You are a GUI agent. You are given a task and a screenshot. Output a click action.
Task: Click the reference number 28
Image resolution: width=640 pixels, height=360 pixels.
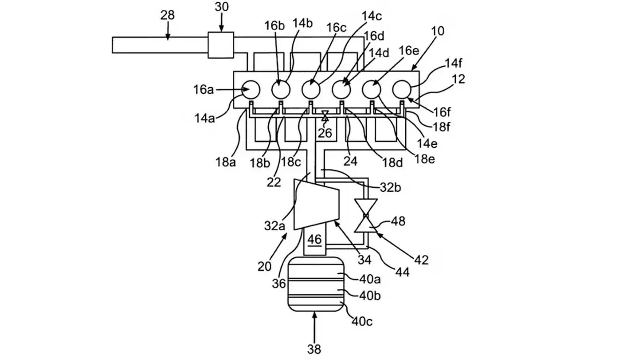point(167,15)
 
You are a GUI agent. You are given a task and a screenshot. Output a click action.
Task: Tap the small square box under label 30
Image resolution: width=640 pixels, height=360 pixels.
point(221,45)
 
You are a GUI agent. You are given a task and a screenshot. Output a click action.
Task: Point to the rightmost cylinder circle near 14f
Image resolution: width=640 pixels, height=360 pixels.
point(402,89)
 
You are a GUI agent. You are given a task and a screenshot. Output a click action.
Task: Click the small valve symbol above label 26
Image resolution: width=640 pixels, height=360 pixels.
point(324,115)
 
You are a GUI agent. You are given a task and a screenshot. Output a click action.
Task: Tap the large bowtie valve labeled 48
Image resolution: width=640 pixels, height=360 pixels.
point(365,216)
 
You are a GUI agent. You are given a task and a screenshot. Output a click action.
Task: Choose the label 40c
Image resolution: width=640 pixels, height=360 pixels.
point(363,322)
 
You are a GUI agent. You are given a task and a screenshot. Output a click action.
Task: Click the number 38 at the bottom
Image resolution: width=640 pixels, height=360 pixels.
point(314,349)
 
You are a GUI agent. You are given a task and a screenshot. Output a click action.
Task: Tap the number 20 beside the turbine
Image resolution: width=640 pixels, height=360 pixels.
point(264,266)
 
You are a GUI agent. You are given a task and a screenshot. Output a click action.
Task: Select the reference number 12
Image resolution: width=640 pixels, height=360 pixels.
point(459,79)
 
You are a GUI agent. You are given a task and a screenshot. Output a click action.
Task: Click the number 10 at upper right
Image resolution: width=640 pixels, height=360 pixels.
point(439,31)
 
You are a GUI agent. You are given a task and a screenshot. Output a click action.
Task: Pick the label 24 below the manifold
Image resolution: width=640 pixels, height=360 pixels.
point(350,161)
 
